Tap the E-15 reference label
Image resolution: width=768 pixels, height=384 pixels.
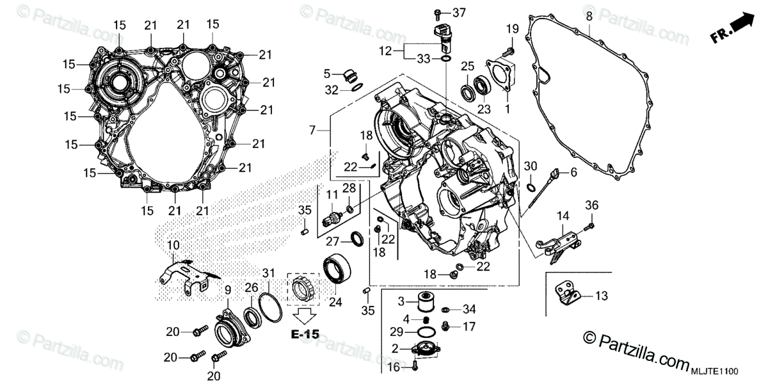[x=303, y=334]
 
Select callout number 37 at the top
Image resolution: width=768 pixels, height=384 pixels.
[x=460, y=13]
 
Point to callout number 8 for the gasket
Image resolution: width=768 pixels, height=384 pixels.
[x=589, y=15]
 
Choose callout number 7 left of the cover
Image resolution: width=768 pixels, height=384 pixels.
[x=313, y=131]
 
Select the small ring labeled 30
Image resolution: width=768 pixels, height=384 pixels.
[x=531, y=188]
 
